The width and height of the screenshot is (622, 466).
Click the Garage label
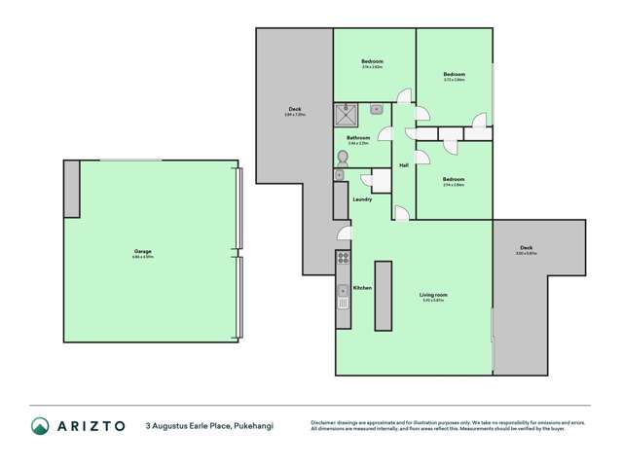coord(142,251)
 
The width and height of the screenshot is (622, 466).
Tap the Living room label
coord(433,295)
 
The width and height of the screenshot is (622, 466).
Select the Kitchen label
coord(361,288)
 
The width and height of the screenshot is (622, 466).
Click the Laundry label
coord(362,199)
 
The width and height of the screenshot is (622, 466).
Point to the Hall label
coord(403,165)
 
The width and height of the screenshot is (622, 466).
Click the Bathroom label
coord(359,138)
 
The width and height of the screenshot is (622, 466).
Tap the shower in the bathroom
coord(347,116)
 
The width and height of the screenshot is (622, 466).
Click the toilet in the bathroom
coord(343,156)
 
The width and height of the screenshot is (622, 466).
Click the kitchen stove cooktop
coord(343,259)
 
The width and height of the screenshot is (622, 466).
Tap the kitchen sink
coord(343,291)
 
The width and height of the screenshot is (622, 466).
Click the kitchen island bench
coord(384,296)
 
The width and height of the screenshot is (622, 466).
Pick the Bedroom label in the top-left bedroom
coord(373,61)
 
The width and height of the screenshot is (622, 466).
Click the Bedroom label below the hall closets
coord(453,179)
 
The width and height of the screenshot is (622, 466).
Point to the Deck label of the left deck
coord(294,109)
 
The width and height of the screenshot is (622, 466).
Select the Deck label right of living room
coord(526,248)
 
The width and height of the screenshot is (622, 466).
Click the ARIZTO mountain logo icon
coord(40,425)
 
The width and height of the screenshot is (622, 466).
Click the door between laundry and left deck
coord(343,233)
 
